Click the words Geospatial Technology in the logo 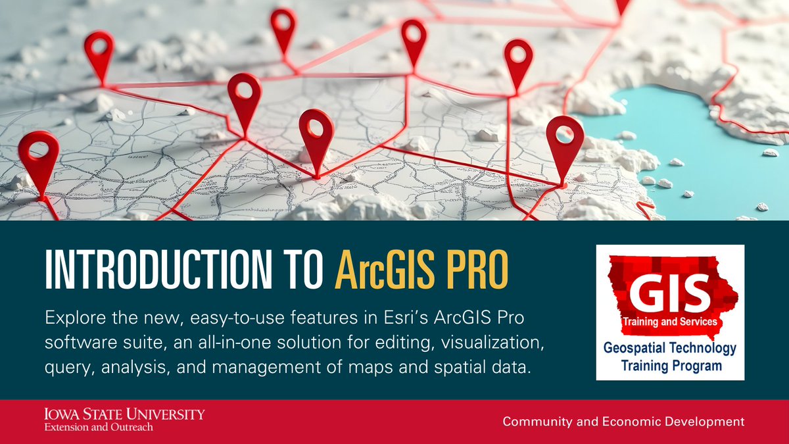[670, 349]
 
